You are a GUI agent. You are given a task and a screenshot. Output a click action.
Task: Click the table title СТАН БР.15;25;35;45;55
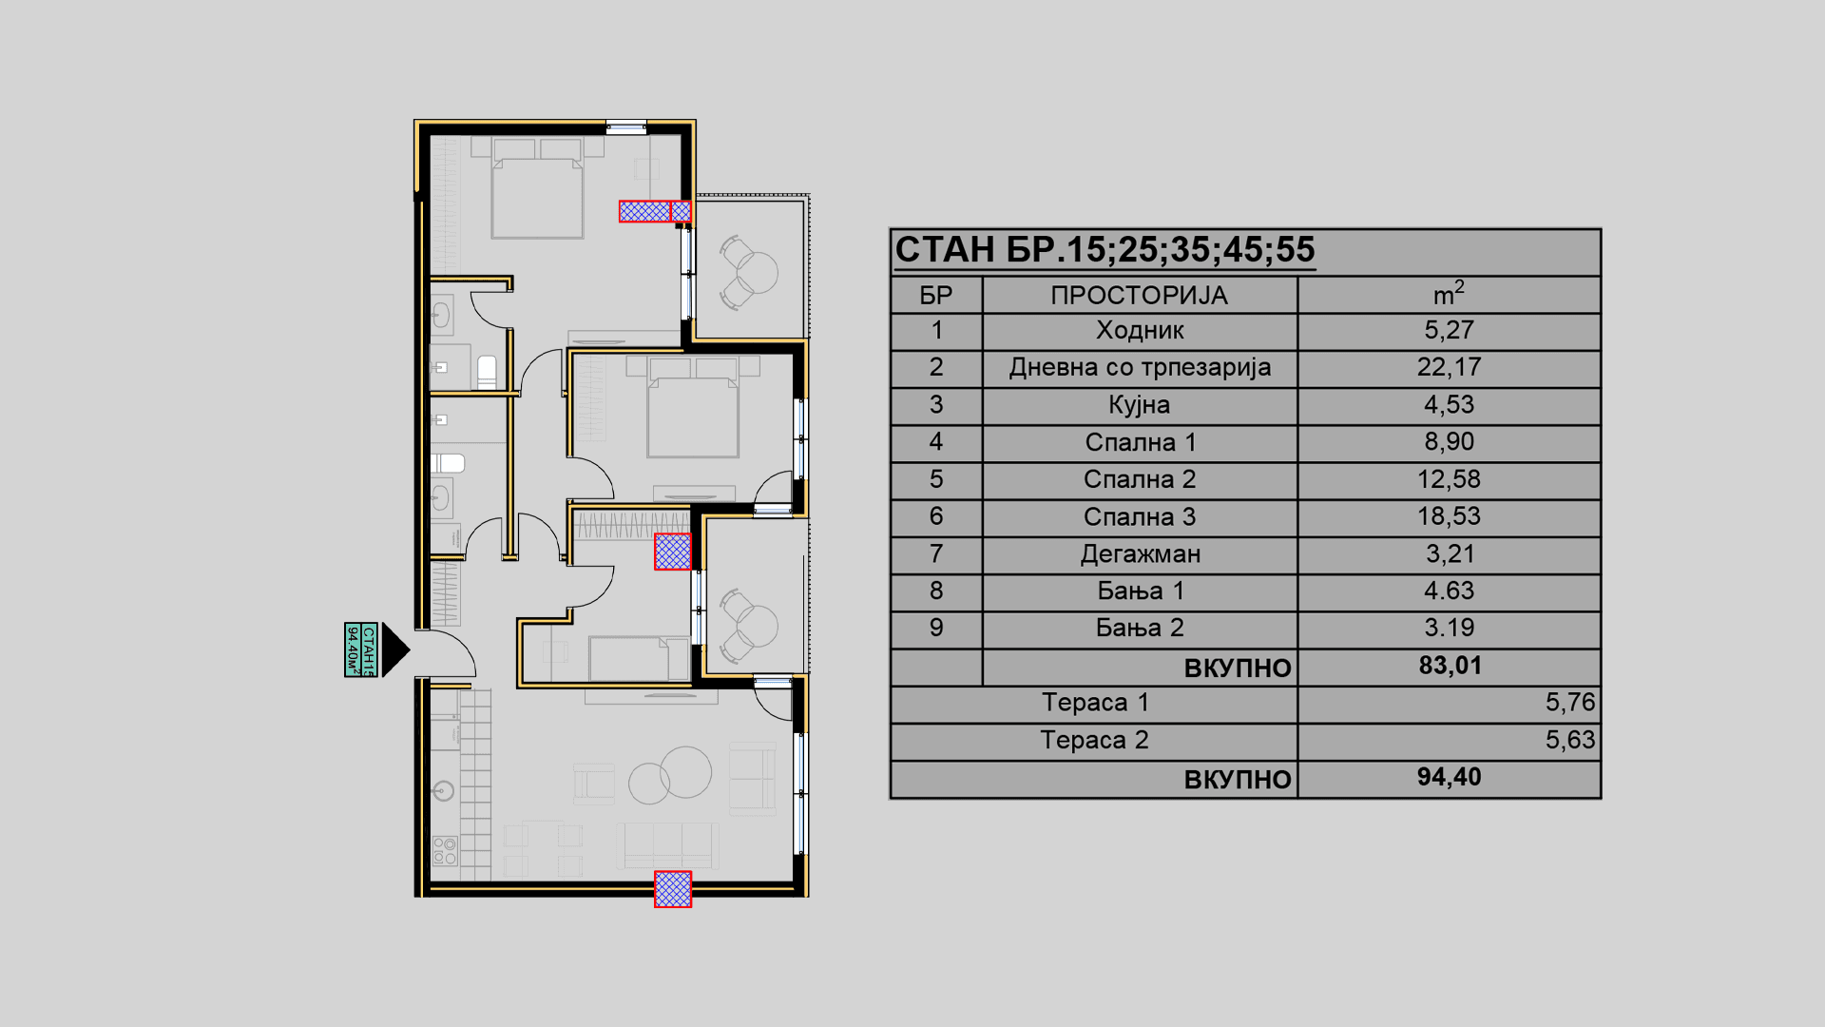[x=1105, y=250]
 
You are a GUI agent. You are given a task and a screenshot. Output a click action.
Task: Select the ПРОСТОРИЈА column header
[x=1139, y=296]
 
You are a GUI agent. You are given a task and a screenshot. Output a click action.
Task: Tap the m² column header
[x=1449, y=294]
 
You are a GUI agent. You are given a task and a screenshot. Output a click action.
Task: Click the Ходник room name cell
[x=1140, y=331]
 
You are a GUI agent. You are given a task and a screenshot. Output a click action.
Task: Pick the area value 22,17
[x=1449, y=367]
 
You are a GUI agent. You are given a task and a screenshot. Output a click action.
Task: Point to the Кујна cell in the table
[x=1139, y=405]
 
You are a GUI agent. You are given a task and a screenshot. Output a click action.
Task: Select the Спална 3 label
[x=1140, y=517]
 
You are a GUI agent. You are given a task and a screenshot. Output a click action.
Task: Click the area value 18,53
[x=1449, y=516]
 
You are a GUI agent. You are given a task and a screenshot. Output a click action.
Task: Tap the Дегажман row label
[x=1140, y=554]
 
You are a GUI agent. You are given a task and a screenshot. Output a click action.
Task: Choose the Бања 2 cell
[x=1140, y=628]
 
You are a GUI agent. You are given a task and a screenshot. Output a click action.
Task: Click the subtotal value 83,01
[x=1450, y=666]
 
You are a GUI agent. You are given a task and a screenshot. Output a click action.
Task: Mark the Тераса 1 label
[x=1095, y=703]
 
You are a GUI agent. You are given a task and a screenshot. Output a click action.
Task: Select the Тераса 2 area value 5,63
[x=1569, y=740]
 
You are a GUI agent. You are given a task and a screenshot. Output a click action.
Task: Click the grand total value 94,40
[x=1449, y=778]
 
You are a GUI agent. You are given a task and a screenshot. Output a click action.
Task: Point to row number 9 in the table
[x=936, y=628]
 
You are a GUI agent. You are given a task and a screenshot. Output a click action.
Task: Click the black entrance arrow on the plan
[x=394, y=650]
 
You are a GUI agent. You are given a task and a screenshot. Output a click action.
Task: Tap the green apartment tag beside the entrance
[x=361, y=650]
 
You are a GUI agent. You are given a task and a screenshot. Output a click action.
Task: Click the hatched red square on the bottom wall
[x=673, y=889]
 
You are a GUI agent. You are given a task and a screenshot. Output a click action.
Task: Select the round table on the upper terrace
[x=757, y=272]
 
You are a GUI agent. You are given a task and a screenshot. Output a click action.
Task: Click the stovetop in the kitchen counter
[x=444, y=850]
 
